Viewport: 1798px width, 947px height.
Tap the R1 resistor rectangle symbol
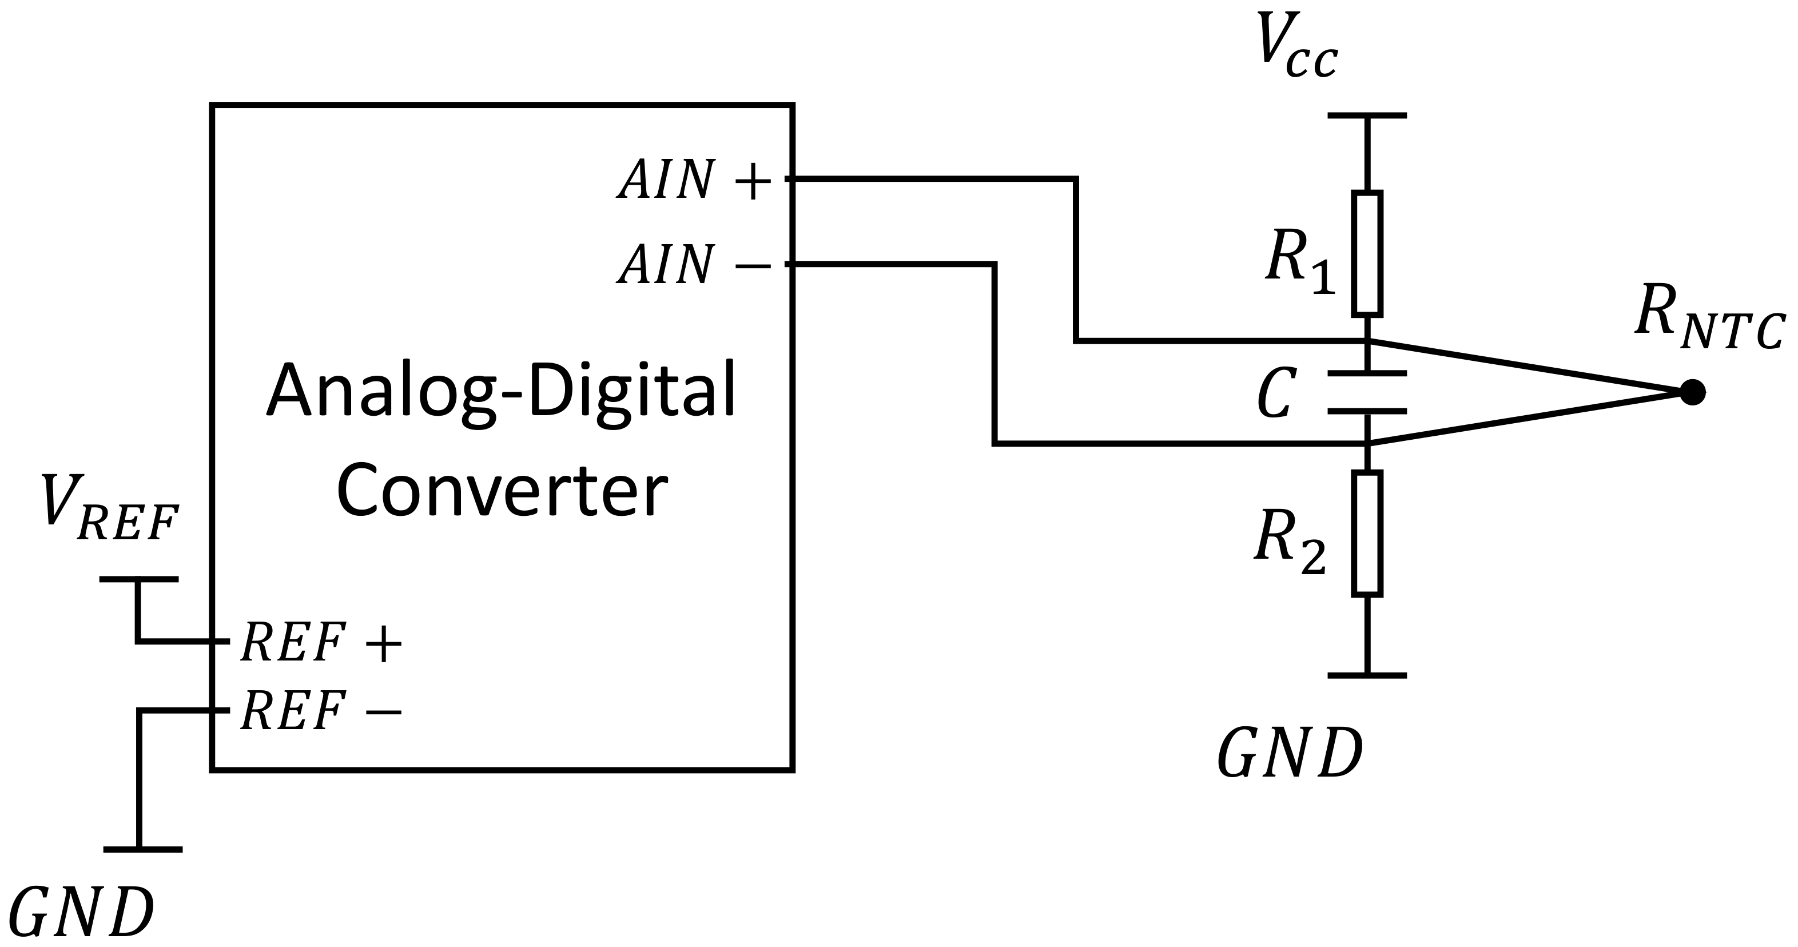click(1367, 253)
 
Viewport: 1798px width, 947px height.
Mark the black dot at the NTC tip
click(1692, 392)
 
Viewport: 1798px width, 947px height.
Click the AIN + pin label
click(694, 181)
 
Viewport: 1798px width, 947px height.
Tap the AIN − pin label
click(694, 265)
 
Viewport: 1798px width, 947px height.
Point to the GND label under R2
click(1290, 755)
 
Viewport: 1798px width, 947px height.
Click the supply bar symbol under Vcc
click(1367, 116)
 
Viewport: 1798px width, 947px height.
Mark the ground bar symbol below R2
click(1367, 675)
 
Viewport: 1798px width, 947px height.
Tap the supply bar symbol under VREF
click(139, 579)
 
